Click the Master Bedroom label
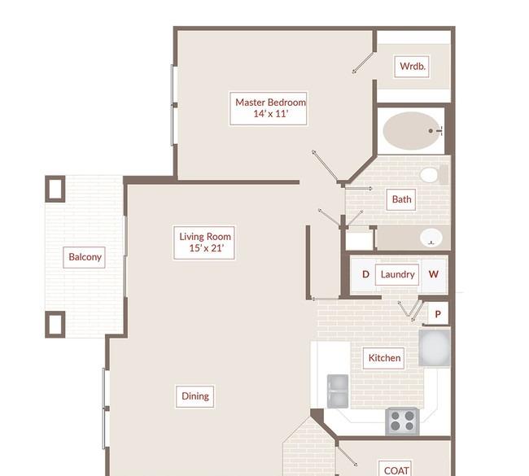tap(269, 108)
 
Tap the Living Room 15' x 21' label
tap(204, 242)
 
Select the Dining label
tap(195, 396)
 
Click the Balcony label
tap(85, 257)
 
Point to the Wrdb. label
tap(412, 67)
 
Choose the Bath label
tap(401, 199)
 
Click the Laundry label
tap(397, 274)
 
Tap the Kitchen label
tap(384, 358)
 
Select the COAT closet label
tap(396, 470)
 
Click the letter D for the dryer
tap(365, 274)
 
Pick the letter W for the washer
tap(433, 274)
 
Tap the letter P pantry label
tap(438, 314)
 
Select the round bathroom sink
tap(431, 238)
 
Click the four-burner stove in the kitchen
tap(402, 421)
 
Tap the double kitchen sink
tap(338, 391)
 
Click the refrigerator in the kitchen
tap(435, 347)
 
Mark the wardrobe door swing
tap(363, 63)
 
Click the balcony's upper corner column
tap(55, 189)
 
